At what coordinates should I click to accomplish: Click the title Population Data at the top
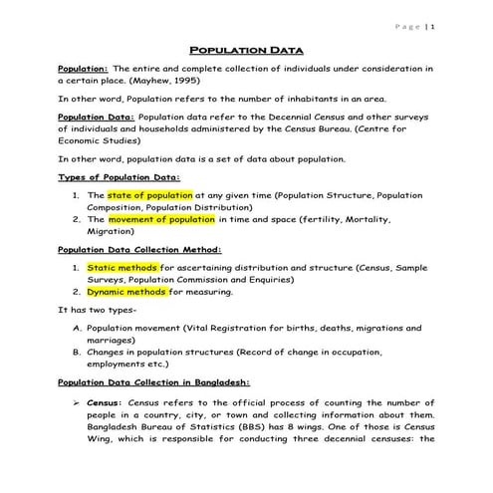246,49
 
